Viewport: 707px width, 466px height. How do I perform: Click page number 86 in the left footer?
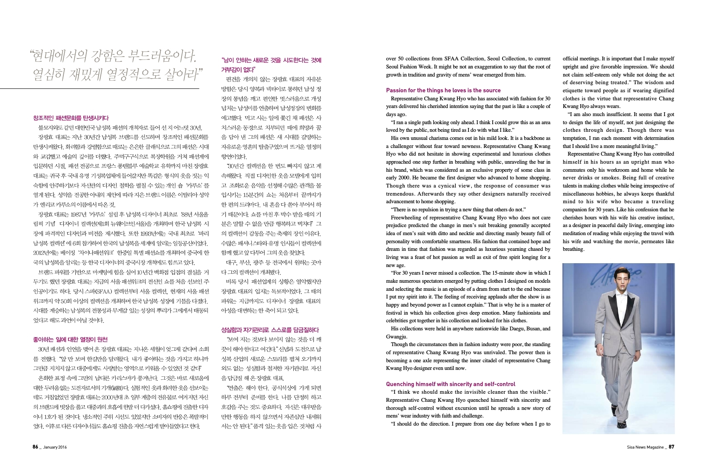(36, 447)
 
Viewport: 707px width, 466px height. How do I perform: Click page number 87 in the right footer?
(671, 447)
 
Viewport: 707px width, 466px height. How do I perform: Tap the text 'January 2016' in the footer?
(55, 447)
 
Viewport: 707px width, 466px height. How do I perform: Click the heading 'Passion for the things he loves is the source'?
(443, 90)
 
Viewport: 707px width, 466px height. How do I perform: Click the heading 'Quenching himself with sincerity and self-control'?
(450, 384)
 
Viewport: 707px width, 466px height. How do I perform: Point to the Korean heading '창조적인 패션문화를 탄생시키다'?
(71, 118)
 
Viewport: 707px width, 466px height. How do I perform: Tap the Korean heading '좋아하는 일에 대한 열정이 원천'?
(70, 340)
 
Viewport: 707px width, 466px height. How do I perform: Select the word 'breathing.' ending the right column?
(573, 249)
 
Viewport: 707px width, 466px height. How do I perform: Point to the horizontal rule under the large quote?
(99, 89)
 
